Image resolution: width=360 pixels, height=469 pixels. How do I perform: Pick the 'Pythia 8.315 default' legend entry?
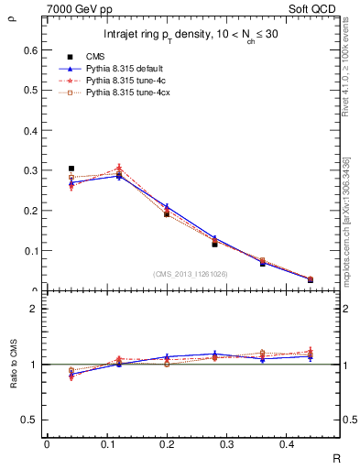124,69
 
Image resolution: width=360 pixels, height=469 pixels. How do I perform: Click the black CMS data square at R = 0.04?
71,169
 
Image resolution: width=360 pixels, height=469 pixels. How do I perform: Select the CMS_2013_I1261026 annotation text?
191,274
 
